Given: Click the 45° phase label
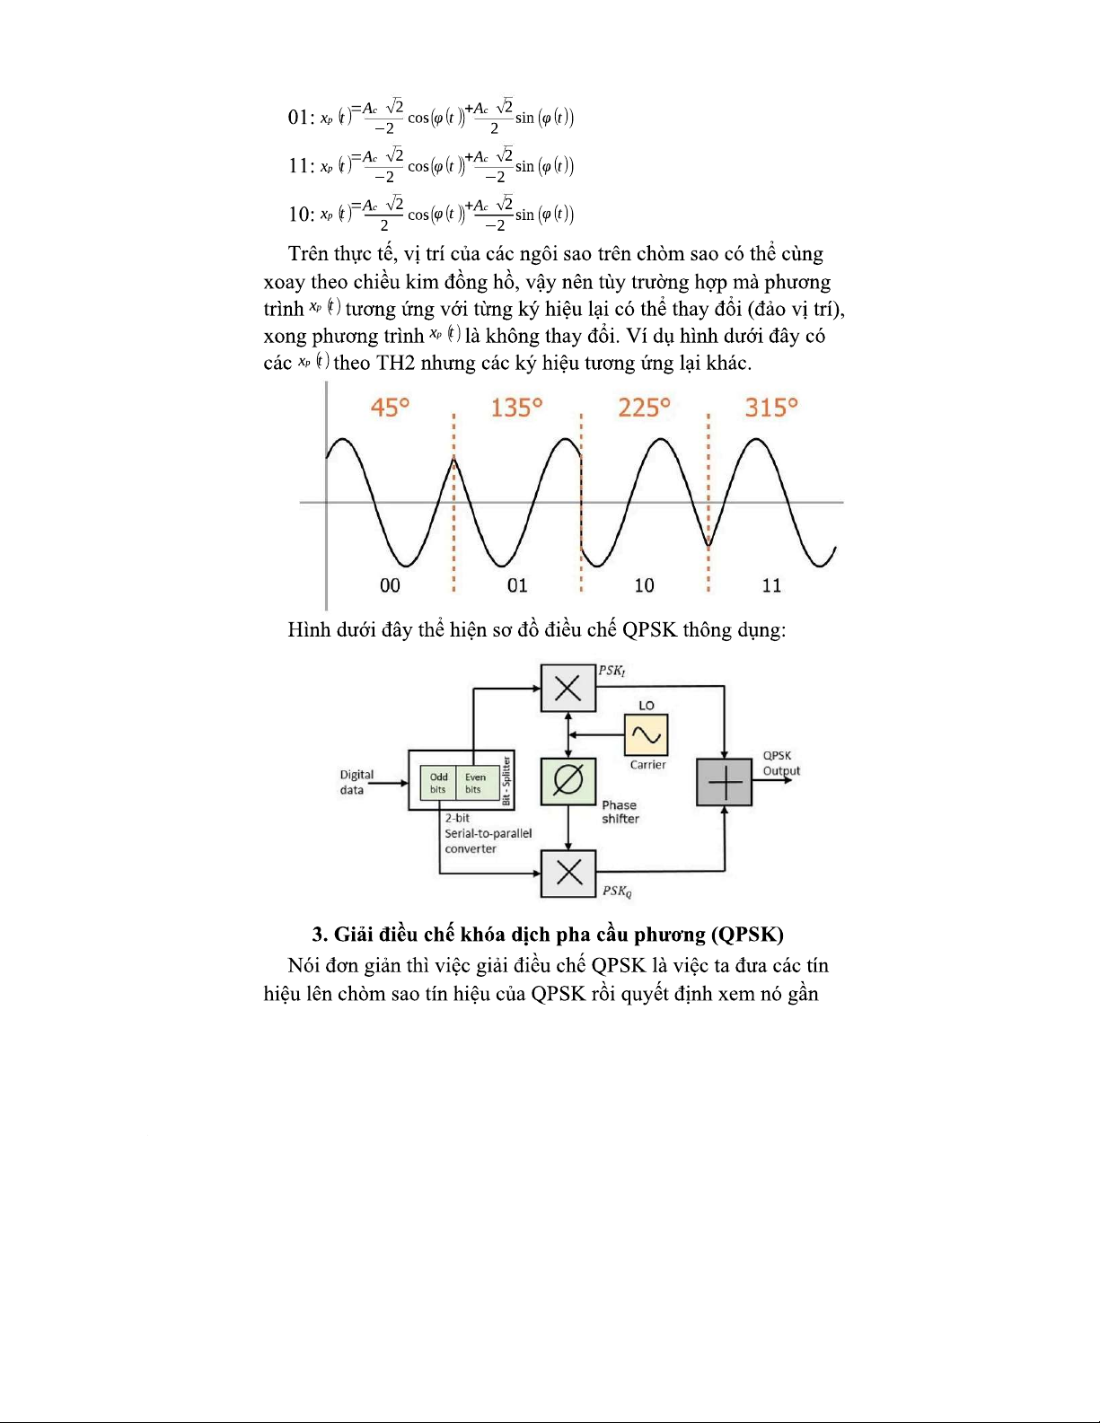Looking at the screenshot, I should pos(390,408).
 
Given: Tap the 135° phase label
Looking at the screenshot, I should pos(516,408).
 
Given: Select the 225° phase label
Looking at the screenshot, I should pos(644,408).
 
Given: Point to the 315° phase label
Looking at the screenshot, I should pos(771,408).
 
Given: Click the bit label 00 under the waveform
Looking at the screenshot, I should pos(390,585).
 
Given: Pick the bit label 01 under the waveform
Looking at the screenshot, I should pos(517,585).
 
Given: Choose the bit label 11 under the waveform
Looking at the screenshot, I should pos(771,585).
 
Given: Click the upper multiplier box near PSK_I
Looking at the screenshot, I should pos(568,689).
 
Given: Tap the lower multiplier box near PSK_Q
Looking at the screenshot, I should pos(568,872).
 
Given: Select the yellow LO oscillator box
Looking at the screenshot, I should pos(646,735).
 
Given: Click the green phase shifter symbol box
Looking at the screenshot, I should pos(568,781).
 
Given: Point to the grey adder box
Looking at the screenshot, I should pos(724,782).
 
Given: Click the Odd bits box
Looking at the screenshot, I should pos(438,783).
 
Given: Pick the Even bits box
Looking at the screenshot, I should pos(474,783).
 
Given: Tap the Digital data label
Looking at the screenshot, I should pos(356,782).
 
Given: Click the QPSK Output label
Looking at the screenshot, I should pos(780,763).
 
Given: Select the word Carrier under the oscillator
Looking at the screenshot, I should pos(647,765).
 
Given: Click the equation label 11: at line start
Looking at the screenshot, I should pos(301,166).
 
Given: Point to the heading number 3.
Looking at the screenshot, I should pos(318,935).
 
